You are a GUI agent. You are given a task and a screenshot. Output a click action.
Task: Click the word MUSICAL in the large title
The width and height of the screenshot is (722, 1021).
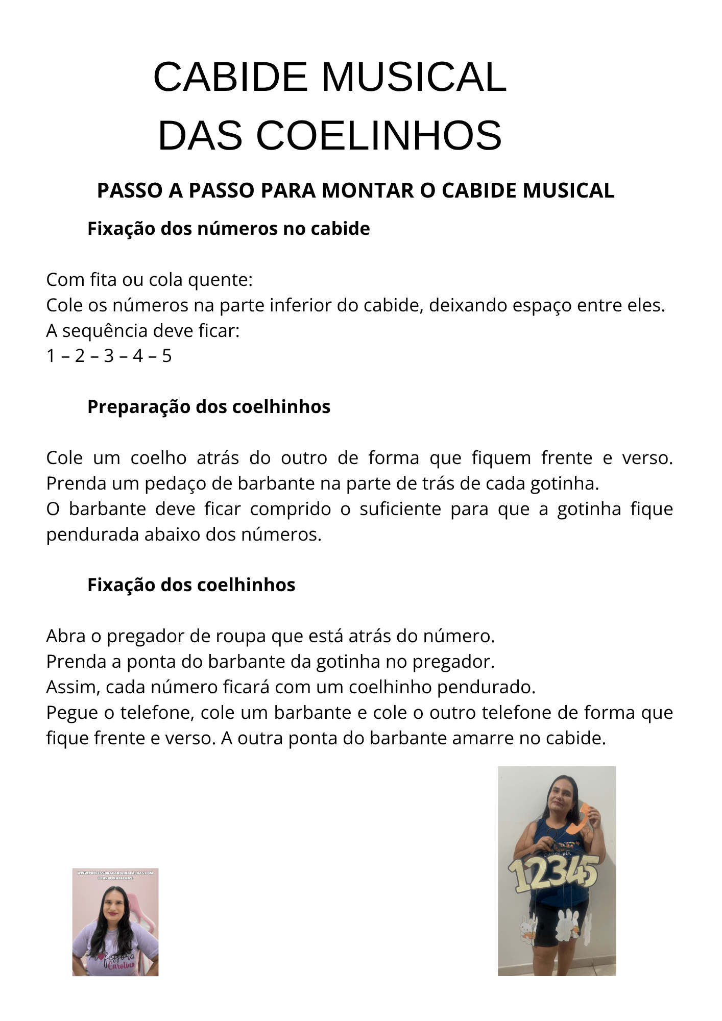coord(414,77)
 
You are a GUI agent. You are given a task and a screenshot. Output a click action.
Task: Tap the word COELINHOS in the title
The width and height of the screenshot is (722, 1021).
coord(378,136)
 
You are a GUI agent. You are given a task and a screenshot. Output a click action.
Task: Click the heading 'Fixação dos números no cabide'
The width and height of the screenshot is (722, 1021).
coord(228,229)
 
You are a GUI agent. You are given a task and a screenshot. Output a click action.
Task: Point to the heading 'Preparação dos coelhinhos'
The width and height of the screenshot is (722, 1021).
coord(208,407)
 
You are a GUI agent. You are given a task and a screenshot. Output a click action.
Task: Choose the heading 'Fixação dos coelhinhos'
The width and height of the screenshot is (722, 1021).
coord(191,585)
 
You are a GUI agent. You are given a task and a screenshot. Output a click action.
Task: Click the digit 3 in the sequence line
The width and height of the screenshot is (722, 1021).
coord(109,356)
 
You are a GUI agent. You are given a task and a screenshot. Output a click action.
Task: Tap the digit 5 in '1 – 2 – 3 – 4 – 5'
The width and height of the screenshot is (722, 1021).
coord(167,356)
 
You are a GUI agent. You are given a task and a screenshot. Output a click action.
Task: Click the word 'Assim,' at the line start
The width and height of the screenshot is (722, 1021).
coord(74,687)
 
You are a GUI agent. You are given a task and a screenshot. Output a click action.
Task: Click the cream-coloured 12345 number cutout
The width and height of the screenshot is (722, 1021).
coord(553,873)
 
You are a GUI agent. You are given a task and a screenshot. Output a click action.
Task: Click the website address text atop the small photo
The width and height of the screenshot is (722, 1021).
coord(115,873)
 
